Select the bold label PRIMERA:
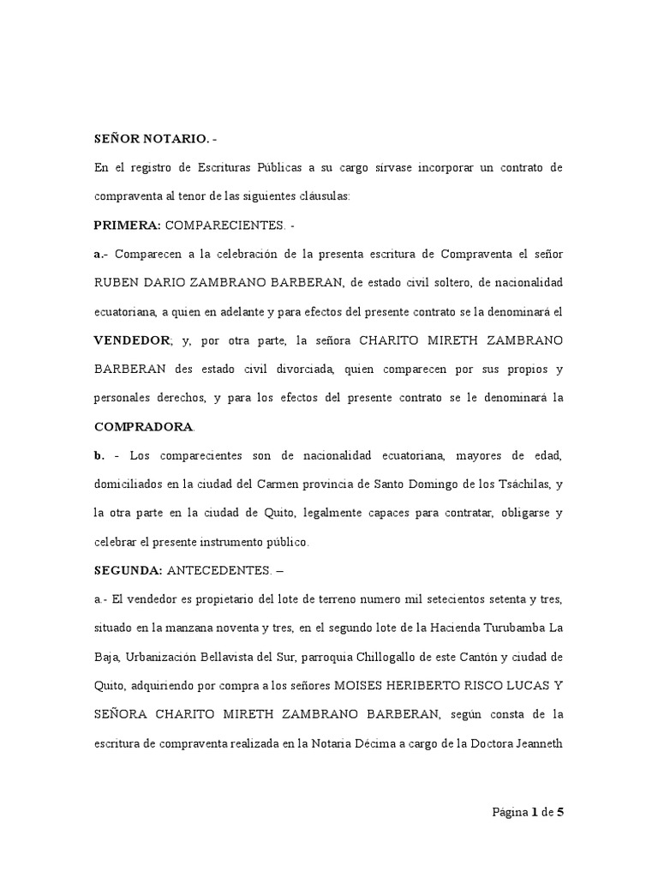tap(127, 226)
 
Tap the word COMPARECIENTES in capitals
tap(224, 226)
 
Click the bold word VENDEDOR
tap(132, 340)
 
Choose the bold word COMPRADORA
tap(144, 427)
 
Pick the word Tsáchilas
tap(523, 485)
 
